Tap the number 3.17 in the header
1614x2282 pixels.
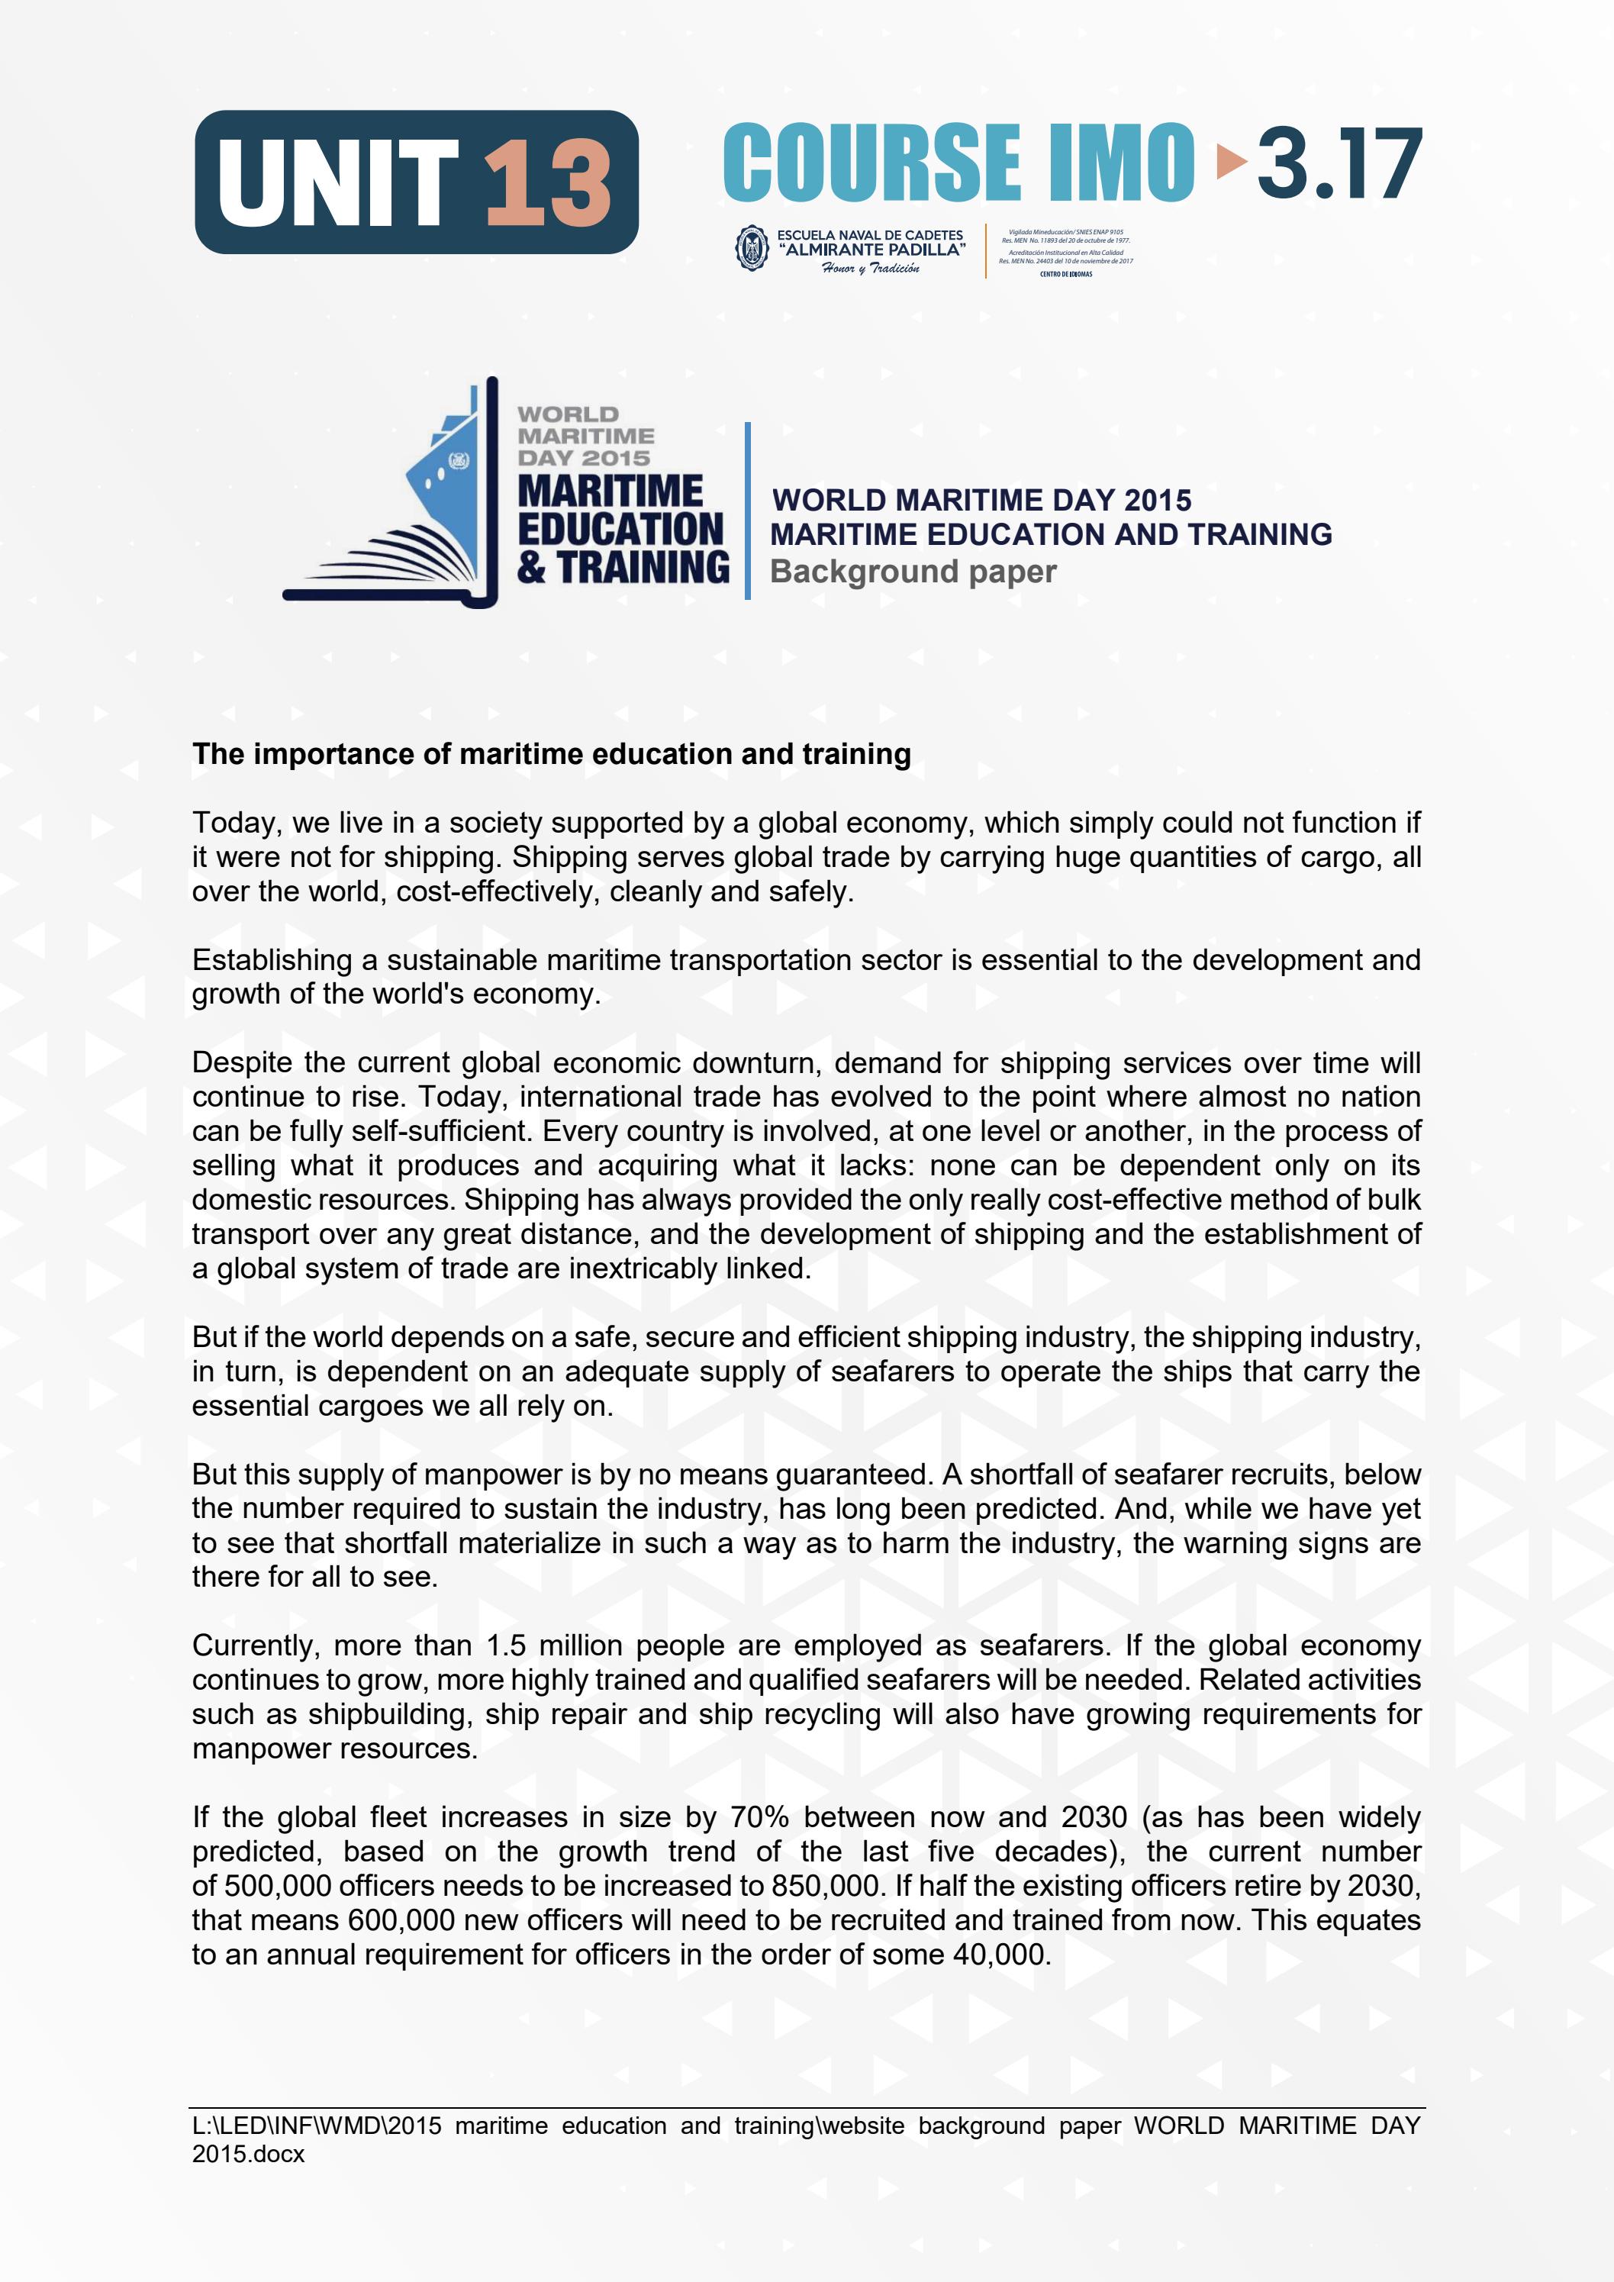point(1338,164)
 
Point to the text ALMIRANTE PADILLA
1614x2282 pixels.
point(871,250)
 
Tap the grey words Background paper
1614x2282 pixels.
point(913,572)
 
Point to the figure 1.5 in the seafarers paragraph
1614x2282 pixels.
point(506,1646)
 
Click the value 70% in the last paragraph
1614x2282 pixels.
point(759,1818)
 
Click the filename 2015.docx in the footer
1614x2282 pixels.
point(249,2154)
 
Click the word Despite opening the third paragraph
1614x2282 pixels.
point(241,1062)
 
